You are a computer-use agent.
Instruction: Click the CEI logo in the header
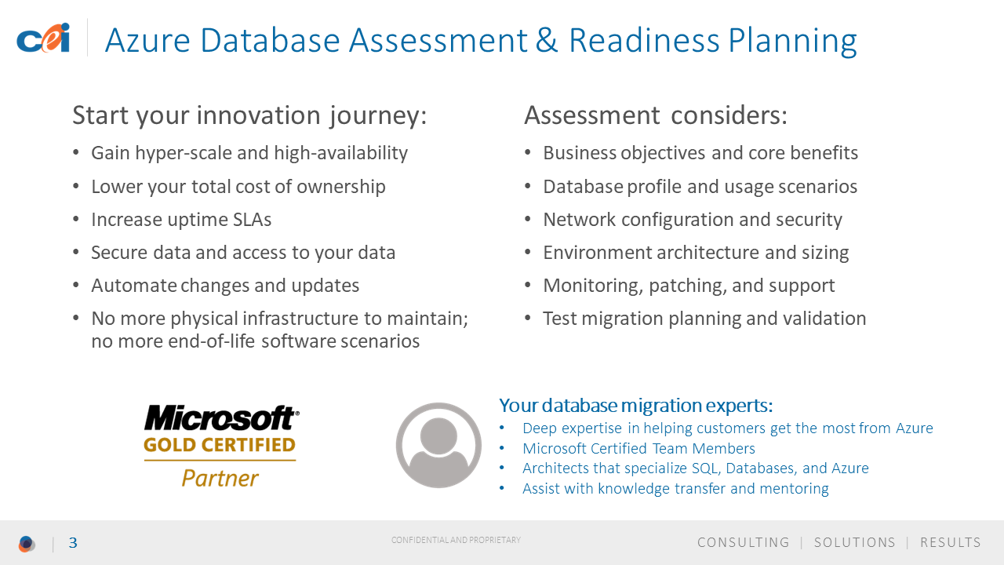click(x=43, y=38)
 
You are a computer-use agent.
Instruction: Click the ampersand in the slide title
click(x=547, y=40)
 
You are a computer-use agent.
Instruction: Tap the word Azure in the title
click(x=147, y=40)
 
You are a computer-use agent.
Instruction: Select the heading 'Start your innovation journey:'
click(x=249, y=115)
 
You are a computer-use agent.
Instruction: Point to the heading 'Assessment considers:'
click(x=656, y=115)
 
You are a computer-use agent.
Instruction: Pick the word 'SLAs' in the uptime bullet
click(x=252, y=220)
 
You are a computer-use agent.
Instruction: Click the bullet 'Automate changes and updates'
click(x=225, y=286)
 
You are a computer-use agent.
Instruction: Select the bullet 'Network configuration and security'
click(x=693, y=220)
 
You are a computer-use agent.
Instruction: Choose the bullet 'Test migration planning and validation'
click(x=704, y=319)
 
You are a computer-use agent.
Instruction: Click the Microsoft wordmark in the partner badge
click(x=221, y=417)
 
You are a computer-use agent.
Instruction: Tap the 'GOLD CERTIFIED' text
click(x=220, y=445)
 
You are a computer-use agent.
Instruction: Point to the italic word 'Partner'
click(x=220, y=478)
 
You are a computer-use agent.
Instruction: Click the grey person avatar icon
click(x=438, y=445)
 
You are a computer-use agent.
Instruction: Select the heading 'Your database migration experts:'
click(x=636, y=406)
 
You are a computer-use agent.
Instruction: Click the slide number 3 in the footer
click(x=73, y=543)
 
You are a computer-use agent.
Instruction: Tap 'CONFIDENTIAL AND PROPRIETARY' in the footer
click(x=456, y=540)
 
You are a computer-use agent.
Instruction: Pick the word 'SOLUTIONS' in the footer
click(x=855, y=542)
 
